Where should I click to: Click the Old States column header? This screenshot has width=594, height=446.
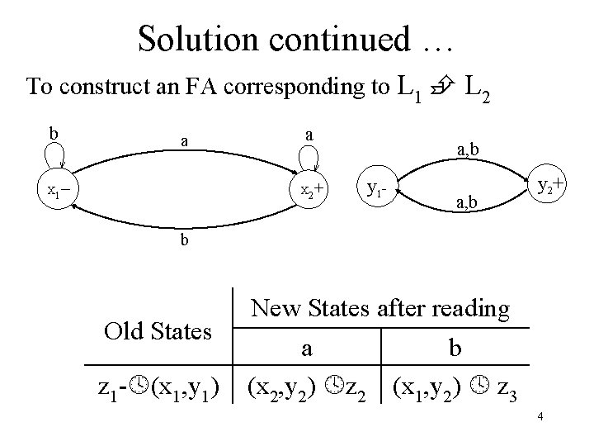158,330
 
